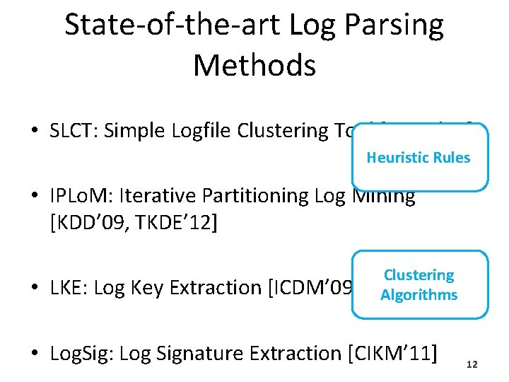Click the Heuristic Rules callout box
pyautogui.click(x=418, y=158)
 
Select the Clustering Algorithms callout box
pyautogui.click(x=419, y=284)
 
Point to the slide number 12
pyautogui.click(x=472, y=364)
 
